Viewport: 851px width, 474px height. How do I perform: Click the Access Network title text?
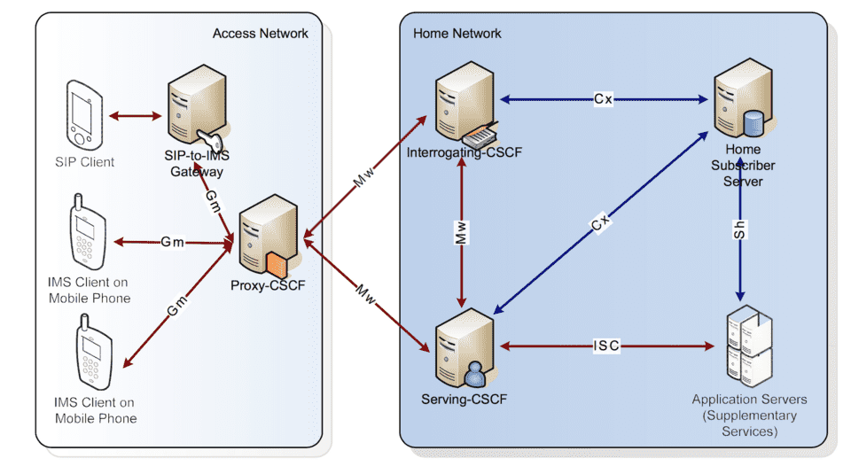[x=260, y=34]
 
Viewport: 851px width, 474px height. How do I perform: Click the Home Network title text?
[x=457, y=34]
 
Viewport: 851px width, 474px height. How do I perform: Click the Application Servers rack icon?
[x=747, y=346]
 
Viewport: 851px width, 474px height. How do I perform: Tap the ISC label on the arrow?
[x=606, y=346]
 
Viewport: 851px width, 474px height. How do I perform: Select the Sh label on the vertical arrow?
[x=740, y=229]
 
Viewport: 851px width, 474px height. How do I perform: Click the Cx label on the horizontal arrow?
[x=603, y=99]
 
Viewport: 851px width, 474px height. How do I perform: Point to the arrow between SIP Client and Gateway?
[x=134, y=115]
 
